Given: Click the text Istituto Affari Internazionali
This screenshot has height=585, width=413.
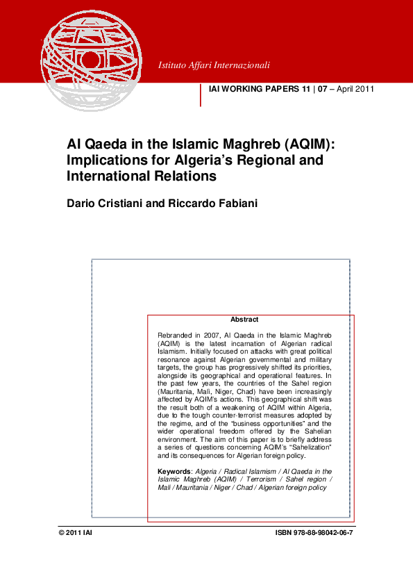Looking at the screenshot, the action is [x=214, y=65].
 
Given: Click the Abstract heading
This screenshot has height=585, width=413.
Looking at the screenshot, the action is [x=244, y=320].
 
